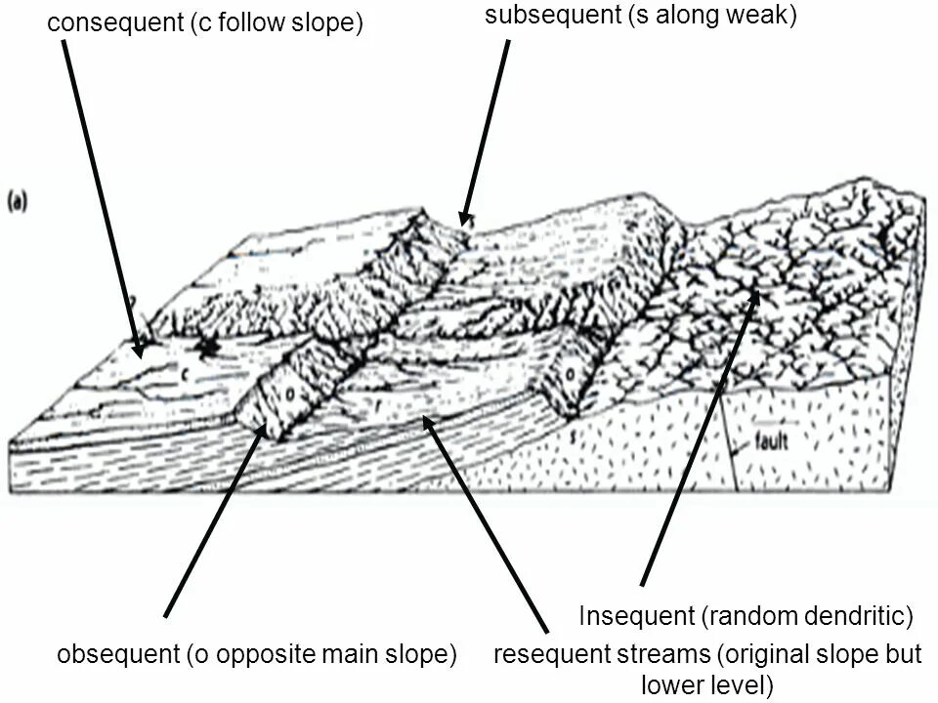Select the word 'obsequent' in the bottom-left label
pos(117,654)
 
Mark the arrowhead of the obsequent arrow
pos(259,431)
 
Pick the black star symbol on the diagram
pos(207,346)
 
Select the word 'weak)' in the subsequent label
pos(767,16)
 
